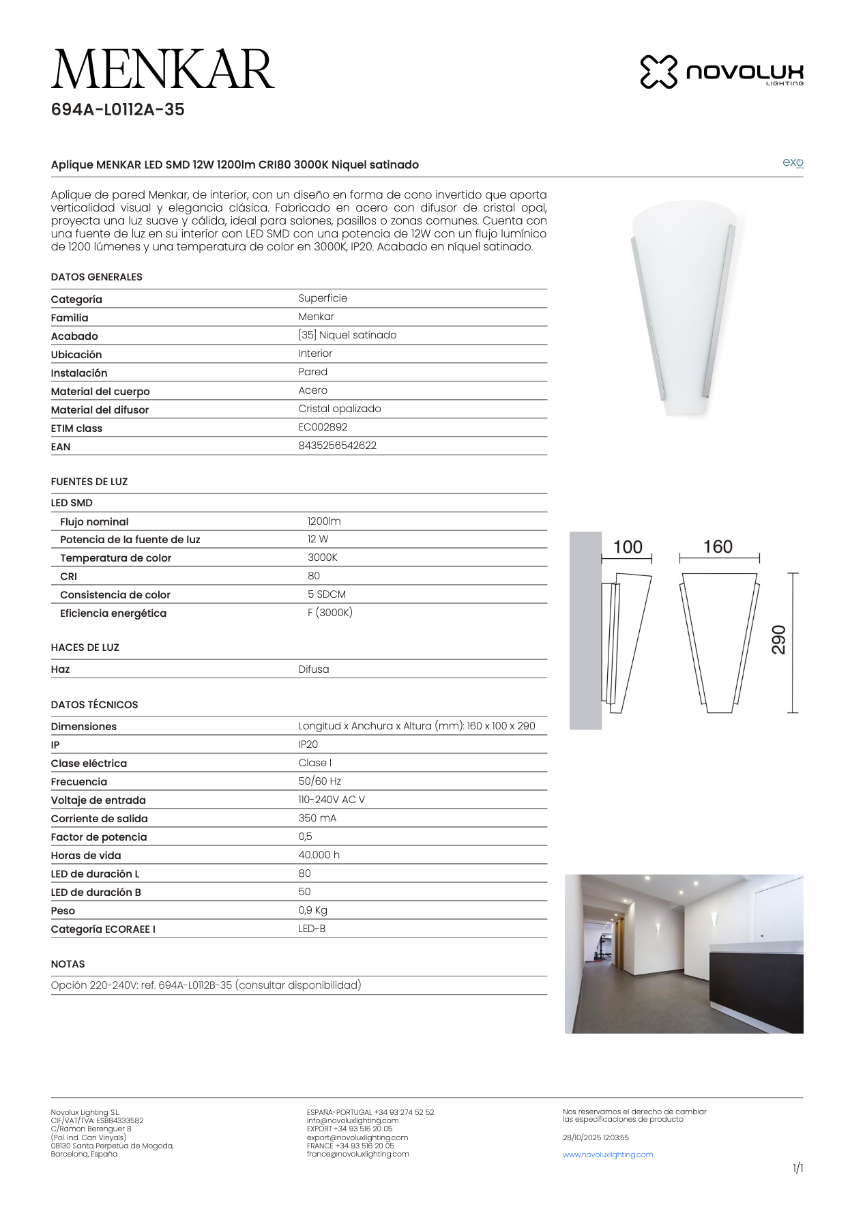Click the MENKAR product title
coord(162,70)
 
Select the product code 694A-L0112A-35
coord(117,110)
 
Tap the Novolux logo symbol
coord(658,72)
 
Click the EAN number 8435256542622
coord(337,446)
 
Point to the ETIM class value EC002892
coord(323,427)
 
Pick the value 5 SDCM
coord(326,594)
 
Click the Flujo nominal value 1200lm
coord(324,521)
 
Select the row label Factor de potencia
coord(99,837)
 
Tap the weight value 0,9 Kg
coord(312,910)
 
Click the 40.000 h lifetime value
coord(319,855)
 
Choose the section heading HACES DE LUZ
coord(85,648)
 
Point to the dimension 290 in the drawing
coord(778,640)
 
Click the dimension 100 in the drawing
coord(628,547)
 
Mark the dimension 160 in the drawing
coord(718,547)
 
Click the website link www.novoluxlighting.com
coord(608,1155)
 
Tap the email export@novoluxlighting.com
coord(357,1137)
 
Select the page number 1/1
coord(797,1169)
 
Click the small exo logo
coord(793,163)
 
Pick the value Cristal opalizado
coord(339,409)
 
